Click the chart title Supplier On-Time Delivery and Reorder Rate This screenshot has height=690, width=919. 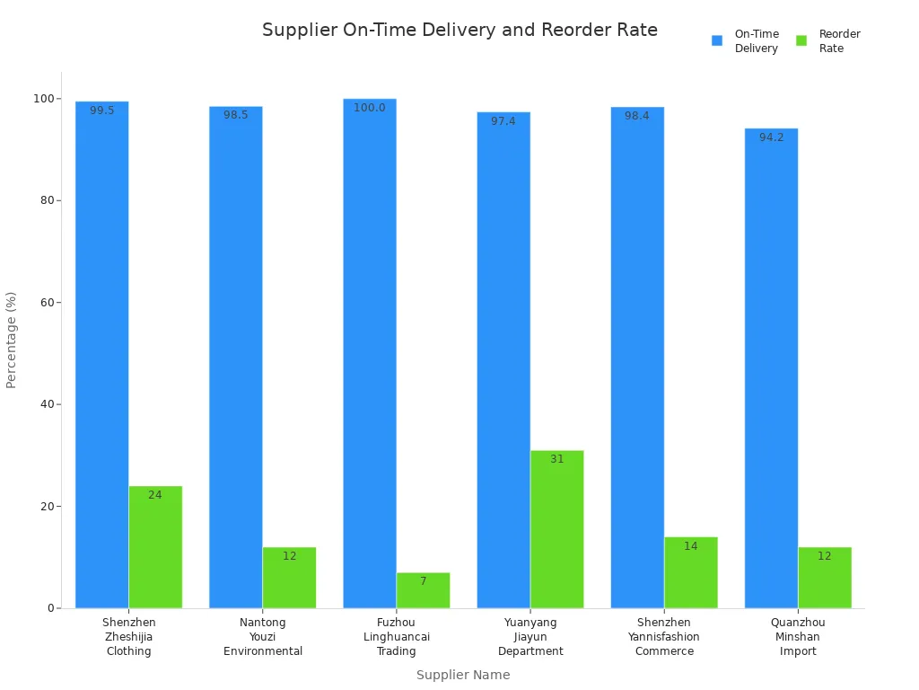pyautogui.click(x=459, y=31)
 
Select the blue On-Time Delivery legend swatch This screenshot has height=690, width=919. pyautogui.click(x=717, y=40)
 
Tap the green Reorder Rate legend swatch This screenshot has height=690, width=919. pyautogui.click(x=801, y=40)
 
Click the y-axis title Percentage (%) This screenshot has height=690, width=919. pyautogui.click(x=12, y=340)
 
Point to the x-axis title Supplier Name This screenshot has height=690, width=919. pyautogui.click(x=463, y=675)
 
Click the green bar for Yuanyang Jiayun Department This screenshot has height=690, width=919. pyautogui.click(x=557, y=530)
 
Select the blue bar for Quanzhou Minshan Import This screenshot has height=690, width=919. pyautogui.click(x=771, y=368)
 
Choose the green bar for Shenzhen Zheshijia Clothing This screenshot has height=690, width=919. pyautogui.click(x=155, y=548)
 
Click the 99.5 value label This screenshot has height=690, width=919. pyautogui.click(x=102, y=111)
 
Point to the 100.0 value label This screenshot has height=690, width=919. pyautogui.click(x=370, y=108)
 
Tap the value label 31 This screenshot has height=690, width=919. pyautogui.click(x=557, y=459)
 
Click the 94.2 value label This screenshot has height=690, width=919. pyautogui.click(x=772, y=137)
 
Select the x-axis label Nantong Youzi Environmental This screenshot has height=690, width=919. pyautogui.click(x=263, y=637)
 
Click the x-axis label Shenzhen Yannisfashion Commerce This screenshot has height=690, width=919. pyautogui.click(x=664, y=637)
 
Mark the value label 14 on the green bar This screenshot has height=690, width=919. pyautogui.click(x=691, y=546)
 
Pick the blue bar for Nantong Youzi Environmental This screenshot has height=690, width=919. pyautogui.click(x=236, y=359)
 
